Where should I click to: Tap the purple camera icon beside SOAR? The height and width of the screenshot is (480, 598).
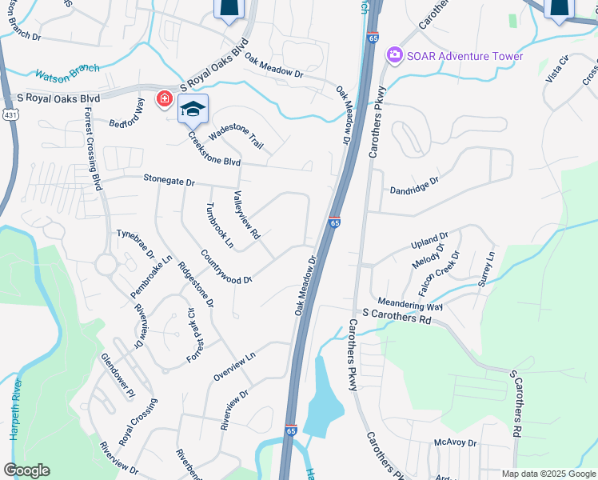point(393,55)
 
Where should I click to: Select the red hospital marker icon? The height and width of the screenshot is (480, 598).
point(165,99)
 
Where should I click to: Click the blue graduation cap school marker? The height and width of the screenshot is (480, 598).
point(193,109)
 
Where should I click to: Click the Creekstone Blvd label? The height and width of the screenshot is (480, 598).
point(213,149)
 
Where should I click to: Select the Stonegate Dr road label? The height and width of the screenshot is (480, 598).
point(169,182)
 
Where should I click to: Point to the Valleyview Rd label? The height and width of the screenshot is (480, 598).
point(246,214)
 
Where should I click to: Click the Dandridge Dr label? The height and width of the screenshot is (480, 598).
point(414,186)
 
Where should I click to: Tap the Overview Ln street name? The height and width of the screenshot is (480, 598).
point(233,364)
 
